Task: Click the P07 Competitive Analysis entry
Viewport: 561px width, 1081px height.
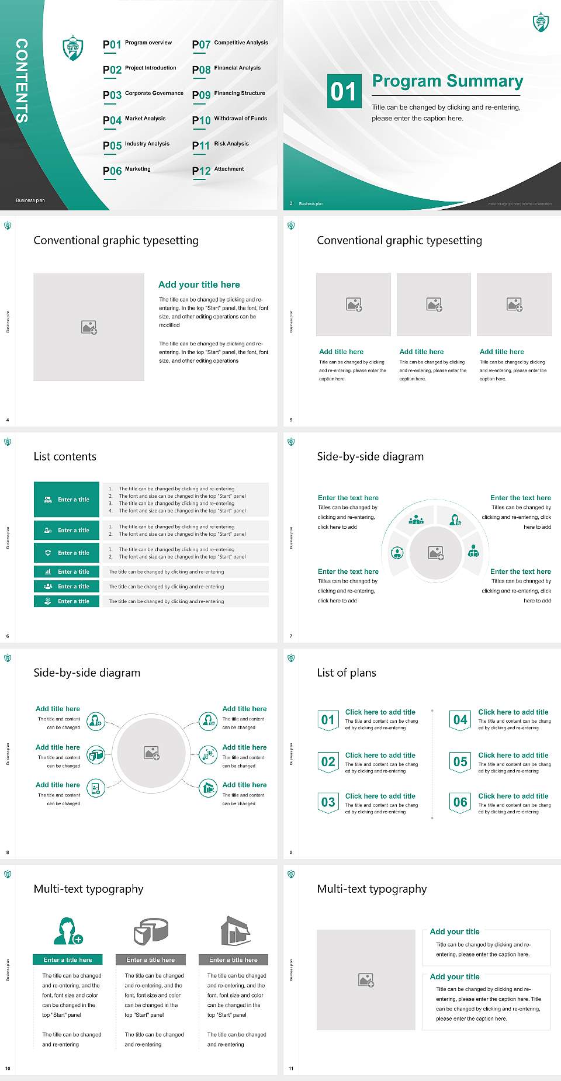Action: pyautogui.click(x=230, y=44)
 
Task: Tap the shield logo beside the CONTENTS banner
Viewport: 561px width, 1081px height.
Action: pyautogui.click(x=73, y=48)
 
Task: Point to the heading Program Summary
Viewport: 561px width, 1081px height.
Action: pyautogui.click(x=447, y=81)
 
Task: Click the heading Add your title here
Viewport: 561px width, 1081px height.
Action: pyautogui.click(x=199, y=285)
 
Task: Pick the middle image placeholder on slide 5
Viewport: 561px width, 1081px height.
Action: pyautogui.click(x=434, y=304)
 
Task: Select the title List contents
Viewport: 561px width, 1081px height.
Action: pyautogui.click(x=65, y=456)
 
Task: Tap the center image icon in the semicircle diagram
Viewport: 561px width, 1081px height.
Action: pyautogui.click(x=436, y=553)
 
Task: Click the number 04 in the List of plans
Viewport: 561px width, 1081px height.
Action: pyautogui.click(x=460, y=720)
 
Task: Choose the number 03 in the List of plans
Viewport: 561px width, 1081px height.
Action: pyautogui.click(x=328, y=802)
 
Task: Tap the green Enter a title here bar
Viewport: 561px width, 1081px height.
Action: pyautogui.click(x=68, y=959)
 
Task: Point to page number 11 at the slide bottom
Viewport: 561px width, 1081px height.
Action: pyautogui.click(x=291, y=1069)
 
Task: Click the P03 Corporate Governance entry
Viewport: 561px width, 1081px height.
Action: pyautogui.click(x=143, y=94)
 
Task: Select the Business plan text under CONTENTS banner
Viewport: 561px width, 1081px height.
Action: pyautogui.click(x=30, y=200)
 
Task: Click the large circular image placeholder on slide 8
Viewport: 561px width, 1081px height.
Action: pyautogui.click(x=152, y=753)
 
